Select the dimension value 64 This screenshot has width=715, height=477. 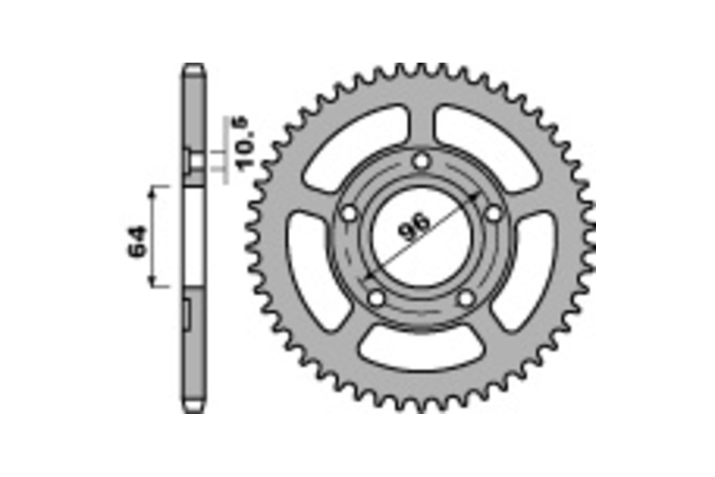click(136, 241)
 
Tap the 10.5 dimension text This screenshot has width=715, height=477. click(244, 145)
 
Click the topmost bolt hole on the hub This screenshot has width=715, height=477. click(422, 160)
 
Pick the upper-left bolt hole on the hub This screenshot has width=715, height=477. click(349, 213)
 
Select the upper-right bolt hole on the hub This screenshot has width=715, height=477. click(495, 213)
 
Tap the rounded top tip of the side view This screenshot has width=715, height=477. click(194, 68)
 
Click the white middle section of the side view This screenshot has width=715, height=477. click(194, 238)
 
